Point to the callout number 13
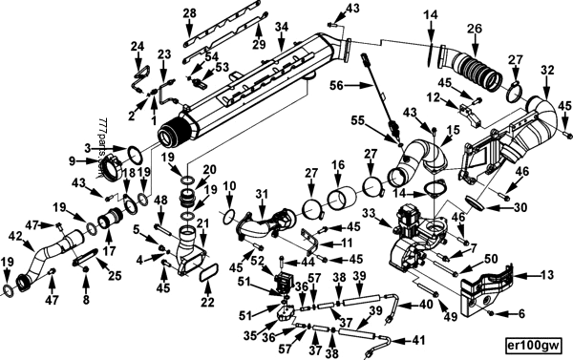click(546, 274)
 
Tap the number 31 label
click(258, 196)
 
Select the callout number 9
click(72, 159)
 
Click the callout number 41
click(419, 339)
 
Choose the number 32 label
click(546, 70)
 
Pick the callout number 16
click(336, 165)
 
